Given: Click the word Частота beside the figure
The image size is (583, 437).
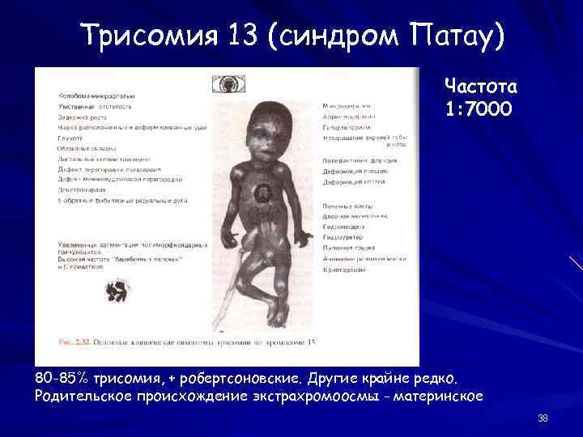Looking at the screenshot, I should click(x=480, y=87).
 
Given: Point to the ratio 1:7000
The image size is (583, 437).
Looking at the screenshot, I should click(x=479, y=108).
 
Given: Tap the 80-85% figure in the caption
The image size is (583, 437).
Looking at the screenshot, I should click(x=62, y=379).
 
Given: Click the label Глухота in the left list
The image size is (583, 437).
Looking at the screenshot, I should click(x=70, y=138).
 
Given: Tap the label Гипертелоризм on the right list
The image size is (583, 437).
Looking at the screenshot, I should click(x=346, y=128).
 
